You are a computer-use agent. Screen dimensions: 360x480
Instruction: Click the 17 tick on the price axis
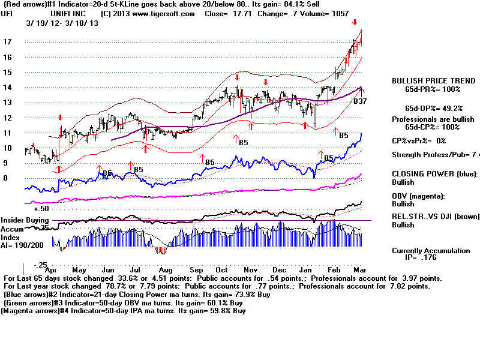[8, 42]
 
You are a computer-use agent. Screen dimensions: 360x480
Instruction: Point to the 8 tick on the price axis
[5, 178]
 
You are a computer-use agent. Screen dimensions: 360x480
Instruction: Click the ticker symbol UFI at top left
[7, 13]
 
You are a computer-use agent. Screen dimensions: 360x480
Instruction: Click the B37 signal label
[360, 102]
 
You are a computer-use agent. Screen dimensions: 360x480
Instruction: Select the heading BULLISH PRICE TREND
[426, 80]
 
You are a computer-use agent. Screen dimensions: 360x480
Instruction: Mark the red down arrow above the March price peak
[355, 22]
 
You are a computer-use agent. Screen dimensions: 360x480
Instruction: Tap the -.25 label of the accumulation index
[39, 265]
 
